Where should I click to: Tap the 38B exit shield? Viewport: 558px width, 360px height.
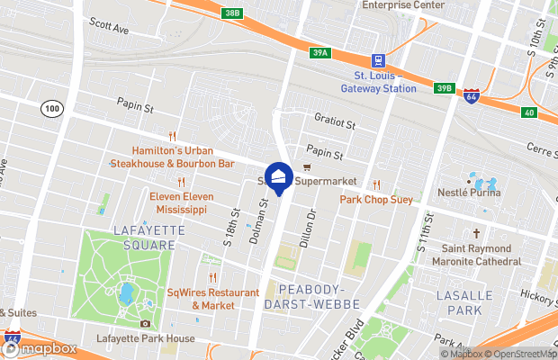(x=232, y=13)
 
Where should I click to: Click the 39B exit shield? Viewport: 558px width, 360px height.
(x=443, y=87)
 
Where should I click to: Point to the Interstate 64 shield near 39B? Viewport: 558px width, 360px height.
(x=471, y=96)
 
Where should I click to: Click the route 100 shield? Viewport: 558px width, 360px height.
(x=52, y=108)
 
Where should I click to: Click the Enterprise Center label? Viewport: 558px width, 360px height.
(x=402, y=4)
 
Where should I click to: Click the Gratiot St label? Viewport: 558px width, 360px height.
(x=336, y=121)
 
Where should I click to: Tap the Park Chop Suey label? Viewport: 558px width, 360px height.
(x=376, y=199)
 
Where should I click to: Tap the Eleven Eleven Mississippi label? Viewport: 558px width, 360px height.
(x=178, y=202)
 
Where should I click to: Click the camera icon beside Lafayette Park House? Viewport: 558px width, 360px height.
(x=146, y=324)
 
